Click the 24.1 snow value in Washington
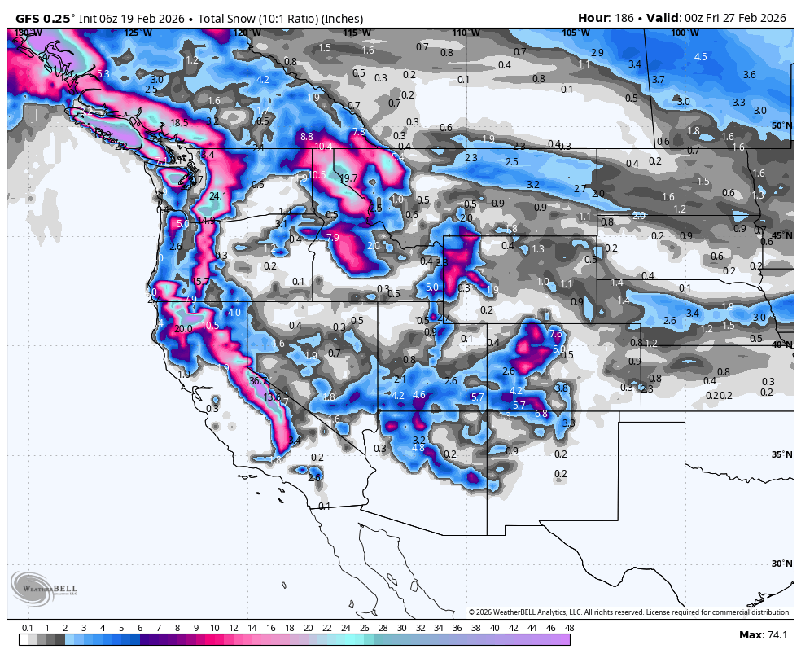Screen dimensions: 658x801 (218, 196)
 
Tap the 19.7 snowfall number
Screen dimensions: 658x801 (348, 178)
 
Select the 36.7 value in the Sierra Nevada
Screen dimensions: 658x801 (258, 381)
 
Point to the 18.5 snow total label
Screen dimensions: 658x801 (179, 123)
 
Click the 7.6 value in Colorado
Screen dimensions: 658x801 (556, 334)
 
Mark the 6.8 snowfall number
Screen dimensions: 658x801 (541, 414)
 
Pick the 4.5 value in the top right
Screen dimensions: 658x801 (701, 57)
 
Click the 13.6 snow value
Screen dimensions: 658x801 (273, 397)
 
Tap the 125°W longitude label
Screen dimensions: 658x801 (138, 33)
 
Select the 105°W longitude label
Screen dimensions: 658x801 (575, 33)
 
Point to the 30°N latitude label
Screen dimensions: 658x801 (781, 564)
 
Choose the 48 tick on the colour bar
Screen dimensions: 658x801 (569, 628)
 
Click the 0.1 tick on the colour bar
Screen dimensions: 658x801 (28, 628)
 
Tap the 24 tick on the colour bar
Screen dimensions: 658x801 (345, 628)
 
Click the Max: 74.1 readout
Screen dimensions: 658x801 (762, 634)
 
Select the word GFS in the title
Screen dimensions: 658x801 (30, 18)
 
